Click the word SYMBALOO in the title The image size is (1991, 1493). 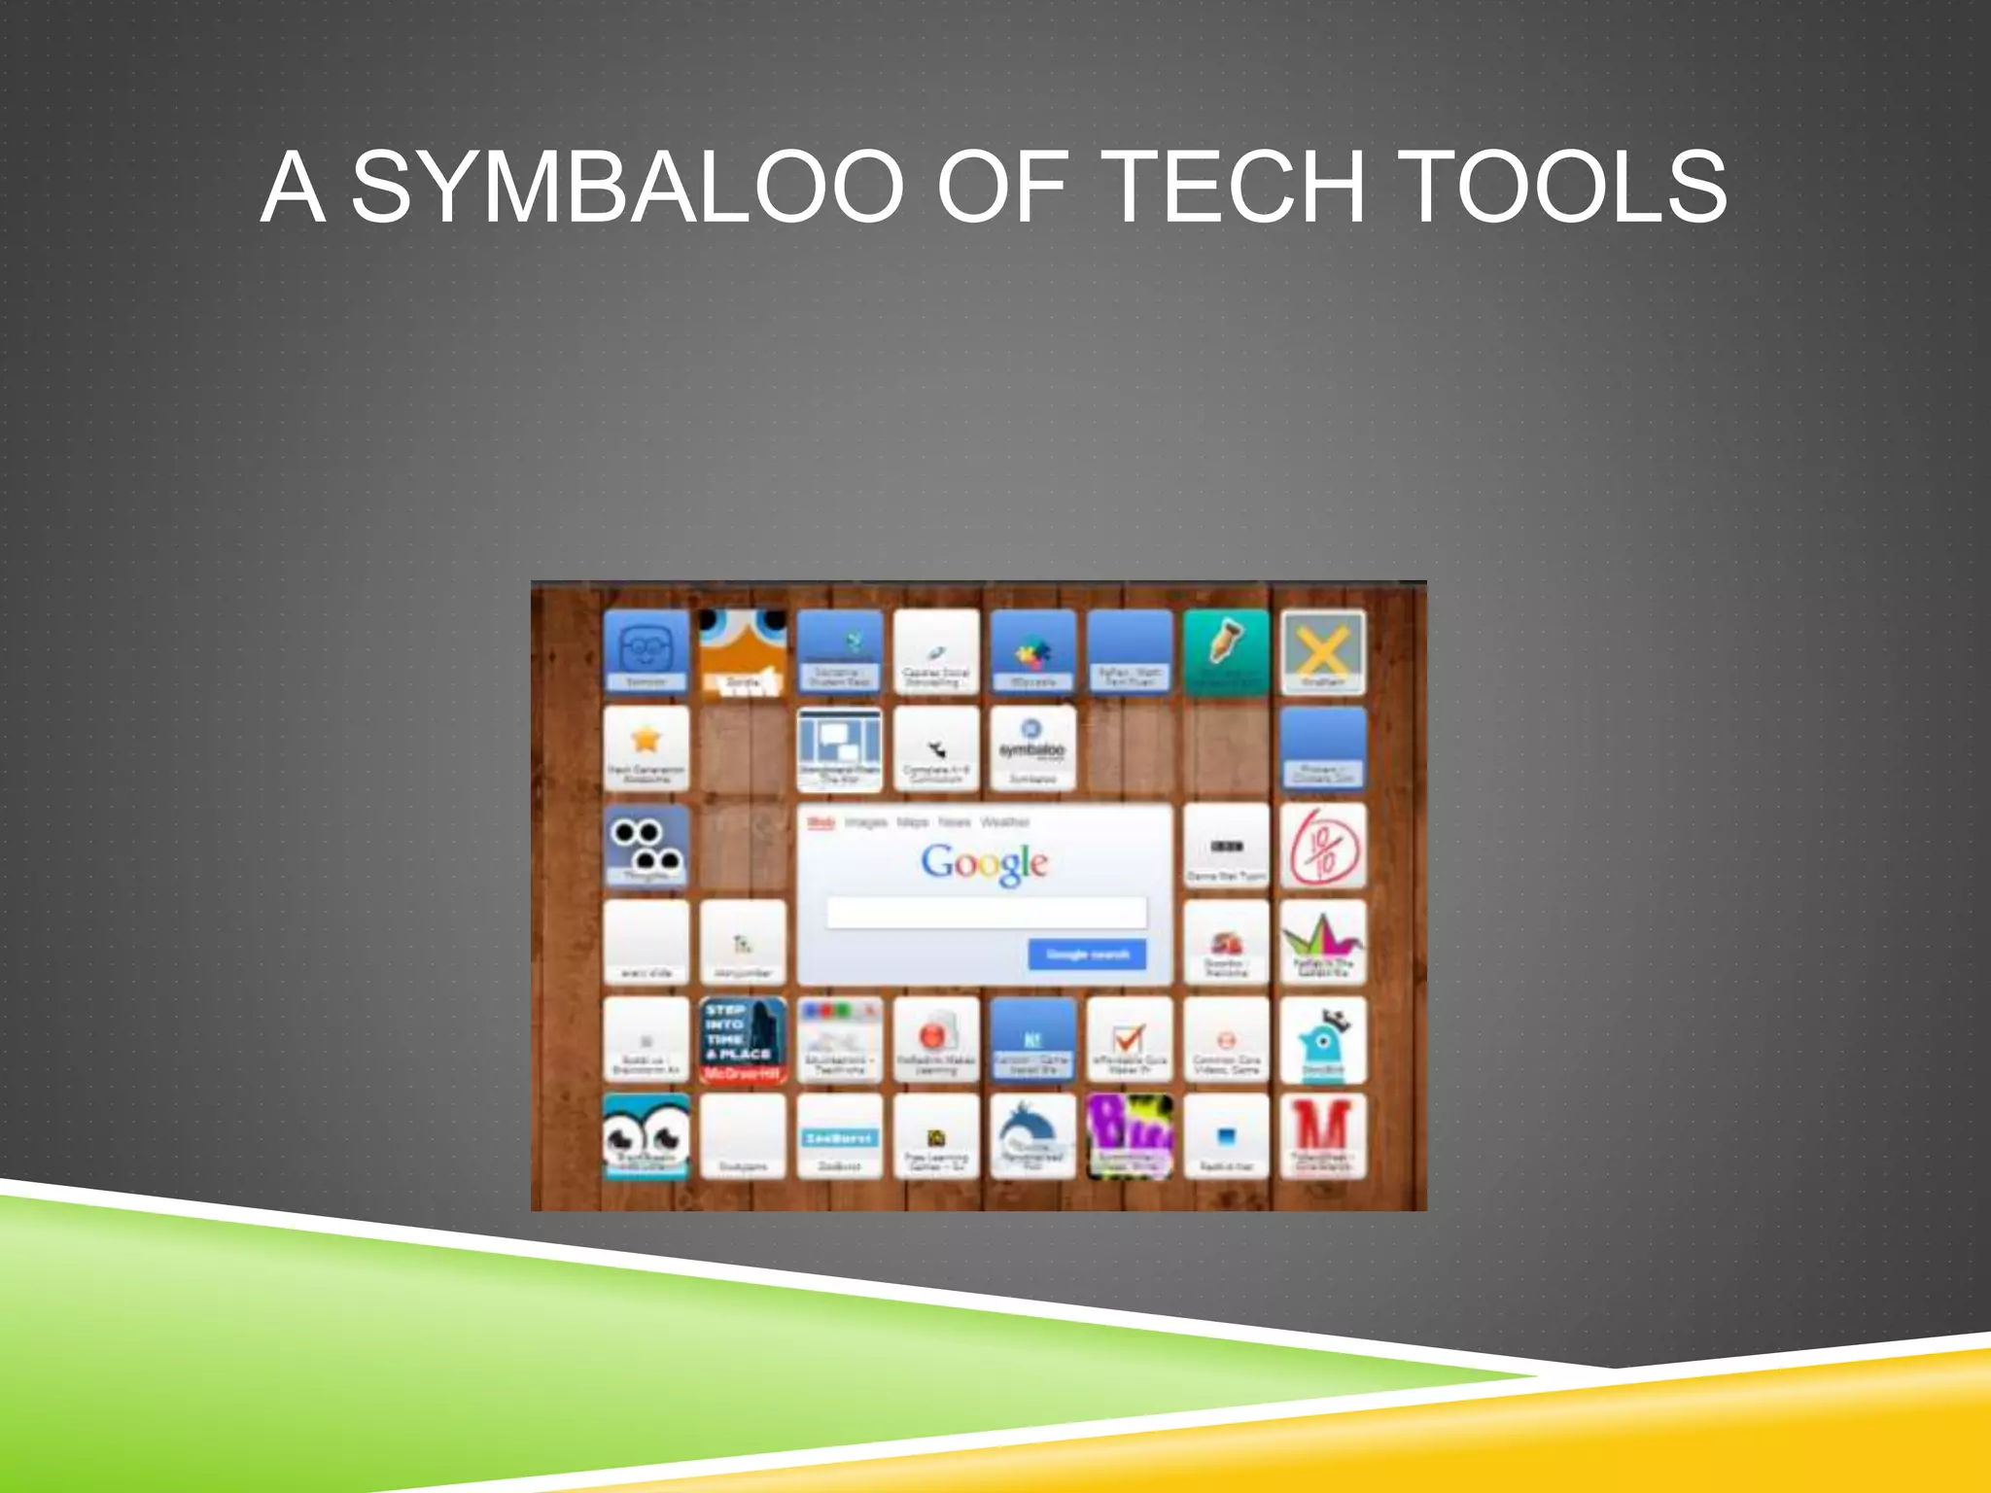628,187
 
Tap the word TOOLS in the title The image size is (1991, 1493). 1566,187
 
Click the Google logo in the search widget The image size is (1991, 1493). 984,863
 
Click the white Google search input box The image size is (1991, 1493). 986,914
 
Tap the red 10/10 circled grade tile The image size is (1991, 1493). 1322,846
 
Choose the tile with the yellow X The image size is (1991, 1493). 1322,651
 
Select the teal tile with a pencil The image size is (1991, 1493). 1226,651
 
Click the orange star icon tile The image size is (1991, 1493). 646,746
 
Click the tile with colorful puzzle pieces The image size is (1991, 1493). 1032,651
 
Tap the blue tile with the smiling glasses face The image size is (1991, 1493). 646,649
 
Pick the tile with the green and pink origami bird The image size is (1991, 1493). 1322,941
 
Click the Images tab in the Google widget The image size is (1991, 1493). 865,822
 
